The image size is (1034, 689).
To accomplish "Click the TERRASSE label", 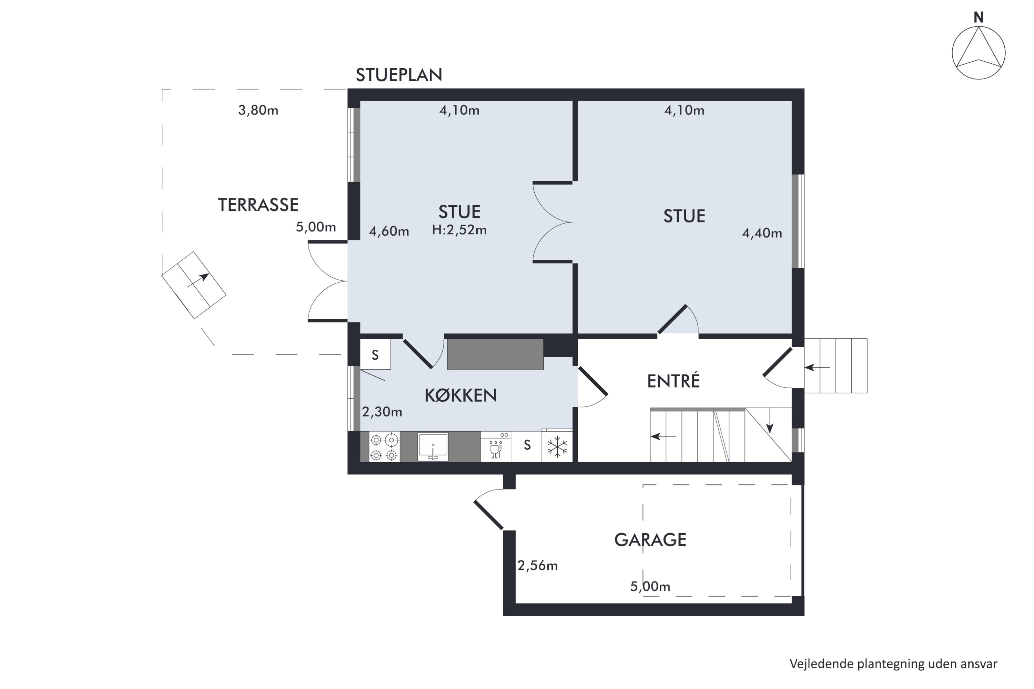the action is [x=258, y=205].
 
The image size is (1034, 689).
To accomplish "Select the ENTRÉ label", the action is [x=673, y=381].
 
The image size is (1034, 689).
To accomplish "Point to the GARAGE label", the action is [x=650, y=539].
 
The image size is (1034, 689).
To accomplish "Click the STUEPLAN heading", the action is [x=399, y=75].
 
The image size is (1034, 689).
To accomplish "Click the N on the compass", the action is [x=979, y=18].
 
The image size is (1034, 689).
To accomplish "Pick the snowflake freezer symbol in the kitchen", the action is [x=557, y=446].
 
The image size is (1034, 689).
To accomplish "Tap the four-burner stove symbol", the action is [x=384, y=447].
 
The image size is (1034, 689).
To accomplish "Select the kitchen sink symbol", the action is [x=433, y=447].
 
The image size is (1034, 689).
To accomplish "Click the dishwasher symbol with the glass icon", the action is [x=496, y=446].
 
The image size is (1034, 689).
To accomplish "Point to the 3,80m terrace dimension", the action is [x=258, y=110].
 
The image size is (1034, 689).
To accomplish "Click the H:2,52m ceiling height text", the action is [x=459, y=230].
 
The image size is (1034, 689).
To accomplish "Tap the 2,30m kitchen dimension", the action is [x=382, y=412].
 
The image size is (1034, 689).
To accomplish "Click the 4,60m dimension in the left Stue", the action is [x=389, y=231].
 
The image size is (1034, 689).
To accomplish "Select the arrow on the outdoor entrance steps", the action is [x=817, y=367].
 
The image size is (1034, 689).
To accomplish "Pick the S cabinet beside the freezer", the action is [x=527, y=446].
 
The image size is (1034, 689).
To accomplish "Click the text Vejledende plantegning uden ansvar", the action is [x=893, y=664].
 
